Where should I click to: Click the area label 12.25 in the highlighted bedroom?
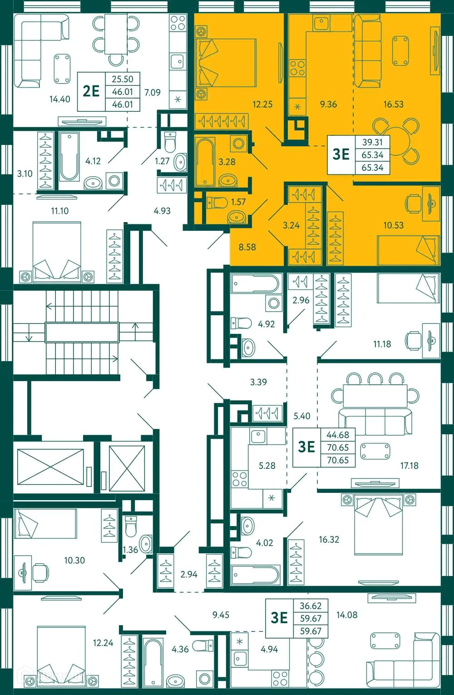coord(262,104)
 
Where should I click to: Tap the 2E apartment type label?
coord(91,91)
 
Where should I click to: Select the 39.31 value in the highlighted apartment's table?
coord(372,142)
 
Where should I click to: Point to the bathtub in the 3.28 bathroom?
coord(205,162)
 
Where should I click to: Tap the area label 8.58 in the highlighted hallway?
coord(247,247)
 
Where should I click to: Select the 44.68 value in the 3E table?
coord(338,435)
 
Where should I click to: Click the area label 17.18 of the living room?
coord(409,466)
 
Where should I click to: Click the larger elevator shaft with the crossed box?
coord(50,467)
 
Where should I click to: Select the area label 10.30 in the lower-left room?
coord(74,561)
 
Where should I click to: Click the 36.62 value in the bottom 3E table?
coord(311,606)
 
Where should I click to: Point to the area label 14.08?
coord(347,615)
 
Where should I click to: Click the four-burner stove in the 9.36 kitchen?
coord(297,69)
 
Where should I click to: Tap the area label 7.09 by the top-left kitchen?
coord(153,92)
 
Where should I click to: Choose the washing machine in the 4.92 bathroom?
coord(273,303)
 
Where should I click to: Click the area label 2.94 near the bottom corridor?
coord(189,574)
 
